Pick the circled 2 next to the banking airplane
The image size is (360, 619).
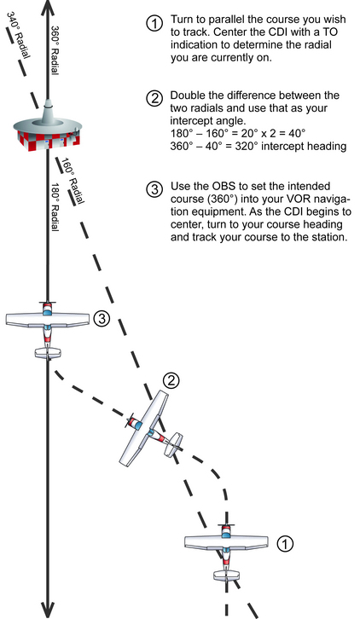tap(171, 379)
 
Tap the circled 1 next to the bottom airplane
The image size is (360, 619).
tap(286, 541)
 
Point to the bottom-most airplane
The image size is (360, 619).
tap(225, 549)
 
